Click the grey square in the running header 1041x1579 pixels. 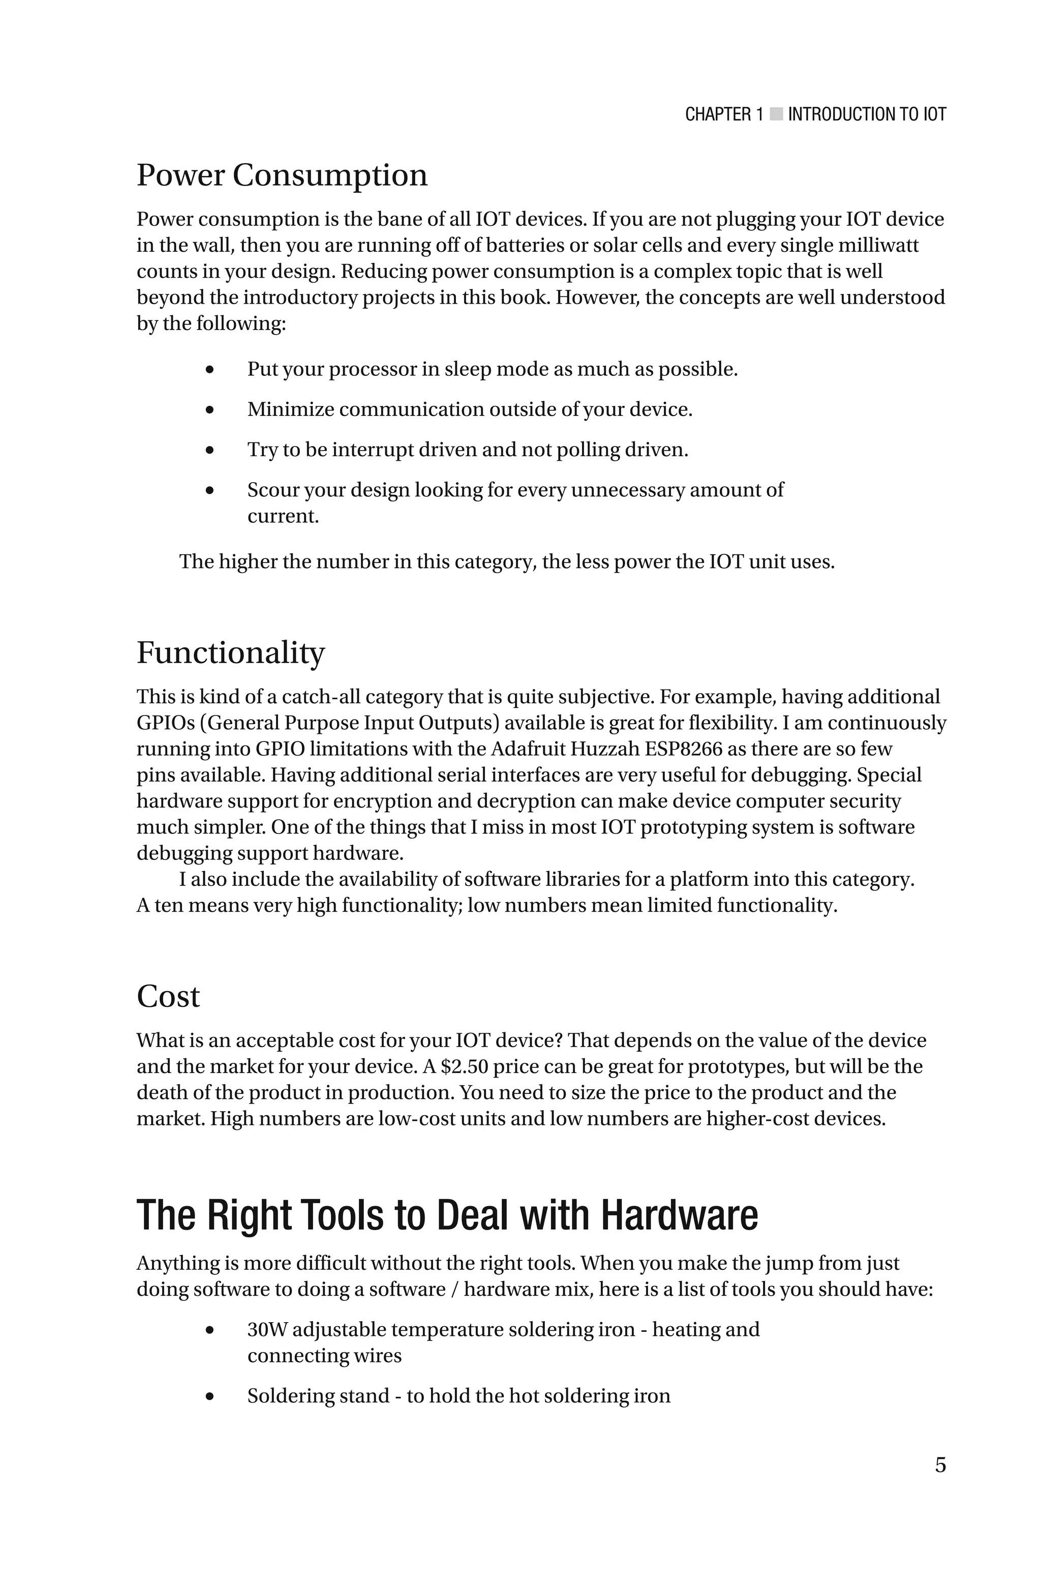(776, 114)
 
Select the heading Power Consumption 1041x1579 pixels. (282, 175)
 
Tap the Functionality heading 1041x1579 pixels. (230, 653)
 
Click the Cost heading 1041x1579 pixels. (168, 996)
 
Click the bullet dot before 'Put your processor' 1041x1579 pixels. (210, 370)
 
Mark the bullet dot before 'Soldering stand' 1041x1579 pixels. (210, 1397)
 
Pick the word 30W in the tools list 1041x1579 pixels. (267, 1329)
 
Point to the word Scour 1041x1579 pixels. (272, 490)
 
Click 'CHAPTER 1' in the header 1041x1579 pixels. (724, 114)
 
